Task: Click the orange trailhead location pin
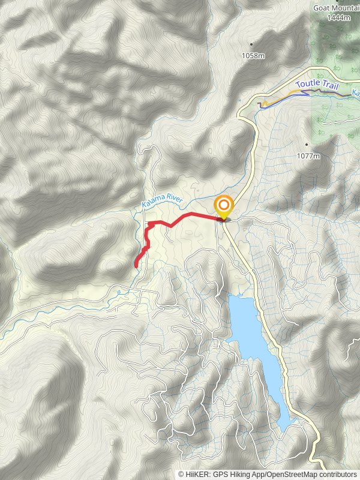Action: [224, 206]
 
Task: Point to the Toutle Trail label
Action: [317, 85]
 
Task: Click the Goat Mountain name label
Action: [336, 8]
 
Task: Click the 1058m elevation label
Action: [252, 56]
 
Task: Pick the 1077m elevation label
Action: [308, 156]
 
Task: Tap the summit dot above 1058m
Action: [252, 44]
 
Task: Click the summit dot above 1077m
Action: [307, 145]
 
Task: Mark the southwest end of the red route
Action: [136, 265]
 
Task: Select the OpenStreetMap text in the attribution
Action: [289, 474]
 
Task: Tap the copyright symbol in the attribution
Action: [181, 474]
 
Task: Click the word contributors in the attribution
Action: [336, 474]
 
